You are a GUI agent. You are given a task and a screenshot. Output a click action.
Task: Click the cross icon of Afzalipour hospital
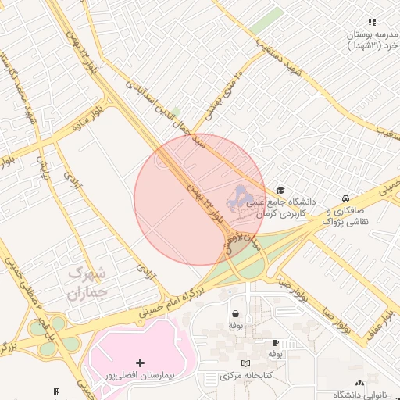(x=140, y=362)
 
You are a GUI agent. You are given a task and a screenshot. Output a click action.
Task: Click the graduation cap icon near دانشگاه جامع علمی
(x=280, y=190)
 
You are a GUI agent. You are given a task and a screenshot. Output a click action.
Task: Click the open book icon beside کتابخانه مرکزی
(x=246, y=363)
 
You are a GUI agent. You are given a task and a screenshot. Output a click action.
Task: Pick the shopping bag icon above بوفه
(x=235, y=313)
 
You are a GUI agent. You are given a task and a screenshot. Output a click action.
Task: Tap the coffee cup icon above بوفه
(x=275, y=342)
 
